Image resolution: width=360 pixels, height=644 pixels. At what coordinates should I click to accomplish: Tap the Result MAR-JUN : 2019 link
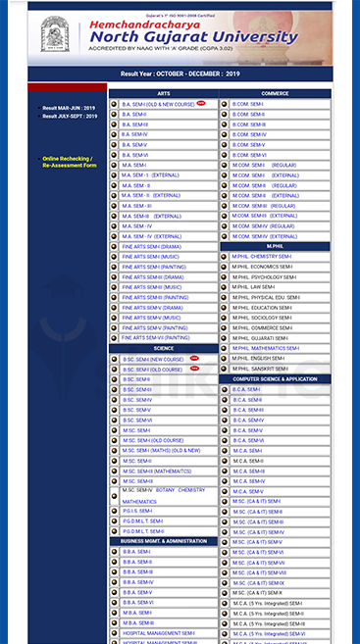68,108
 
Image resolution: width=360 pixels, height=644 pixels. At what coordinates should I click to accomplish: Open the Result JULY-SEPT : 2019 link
69,117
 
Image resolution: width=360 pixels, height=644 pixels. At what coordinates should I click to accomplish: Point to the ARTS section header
163,93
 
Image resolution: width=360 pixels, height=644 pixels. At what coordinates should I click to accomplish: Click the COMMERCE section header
275,93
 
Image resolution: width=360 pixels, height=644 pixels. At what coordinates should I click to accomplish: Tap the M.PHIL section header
275,246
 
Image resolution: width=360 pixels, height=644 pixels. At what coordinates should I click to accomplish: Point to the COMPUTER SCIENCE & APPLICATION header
275,378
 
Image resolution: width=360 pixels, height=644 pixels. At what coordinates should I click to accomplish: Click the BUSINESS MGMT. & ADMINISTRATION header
163,541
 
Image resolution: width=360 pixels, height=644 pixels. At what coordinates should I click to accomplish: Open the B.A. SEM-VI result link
135,155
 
